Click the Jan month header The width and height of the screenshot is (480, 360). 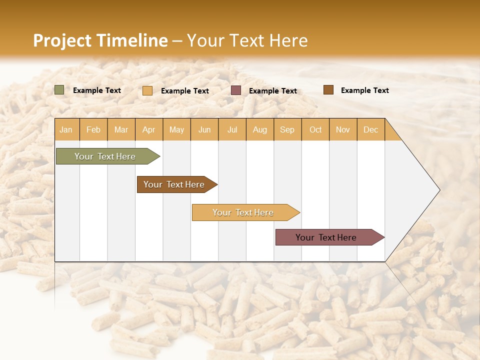[66, 129]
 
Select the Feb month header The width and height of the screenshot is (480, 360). [93, 129]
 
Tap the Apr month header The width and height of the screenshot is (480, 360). [149, 129]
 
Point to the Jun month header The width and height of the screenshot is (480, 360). [204, 129]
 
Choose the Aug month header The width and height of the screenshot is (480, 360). [260, 129]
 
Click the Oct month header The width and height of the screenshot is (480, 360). [315, 129]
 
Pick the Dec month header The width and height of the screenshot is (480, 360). [371, 129]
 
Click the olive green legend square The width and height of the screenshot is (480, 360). [59, 90]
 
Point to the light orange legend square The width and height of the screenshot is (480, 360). [147, 90]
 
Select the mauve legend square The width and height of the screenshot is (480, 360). [236, 90]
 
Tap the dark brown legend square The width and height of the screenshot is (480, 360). [328, 90]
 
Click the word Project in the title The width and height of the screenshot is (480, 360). [62, 40]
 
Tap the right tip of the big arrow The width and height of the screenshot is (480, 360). [438, 190]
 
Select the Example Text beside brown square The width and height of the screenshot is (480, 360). [364, 90]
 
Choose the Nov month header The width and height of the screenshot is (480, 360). [343, 129]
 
